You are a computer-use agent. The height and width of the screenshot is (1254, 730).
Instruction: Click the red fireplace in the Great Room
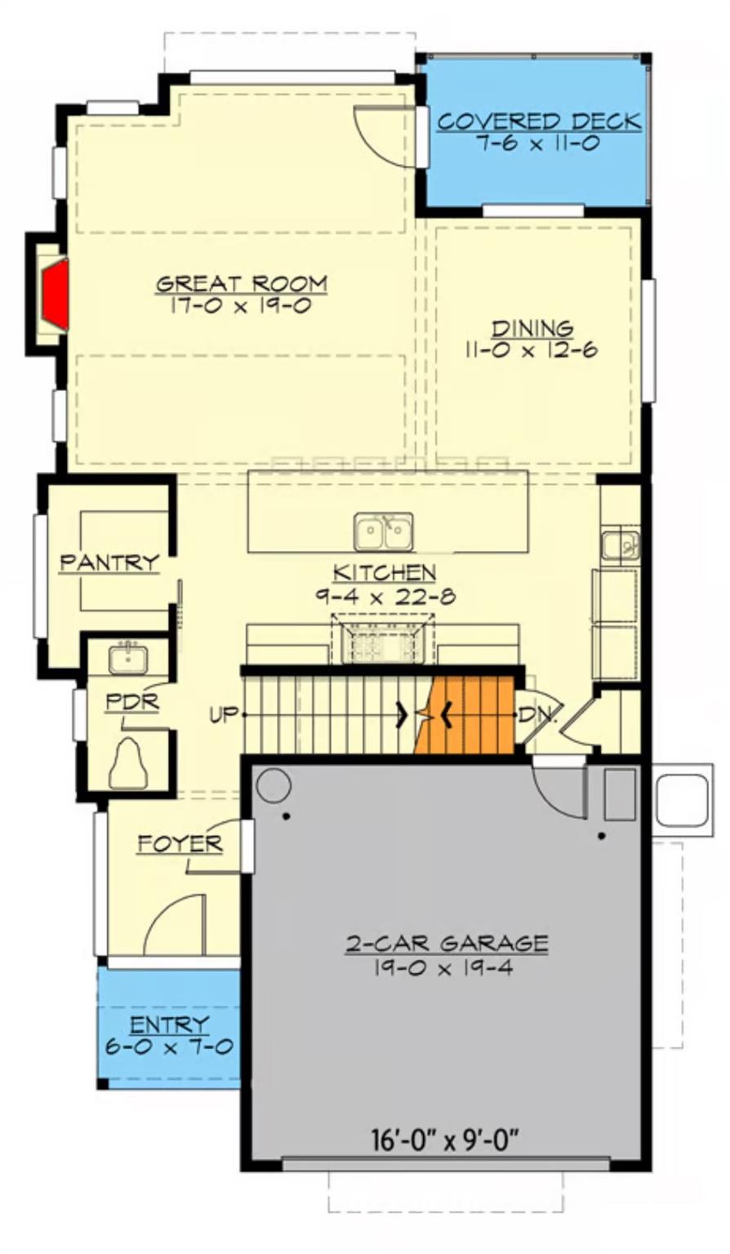point(56,295)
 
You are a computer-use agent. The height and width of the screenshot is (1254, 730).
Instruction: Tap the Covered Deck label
point(539,122)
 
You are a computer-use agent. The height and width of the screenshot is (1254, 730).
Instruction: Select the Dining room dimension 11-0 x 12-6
point(532,350)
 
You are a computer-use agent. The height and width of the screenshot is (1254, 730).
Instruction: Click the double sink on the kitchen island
point(383,532)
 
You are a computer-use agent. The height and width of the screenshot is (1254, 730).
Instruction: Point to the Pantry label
point(109,563)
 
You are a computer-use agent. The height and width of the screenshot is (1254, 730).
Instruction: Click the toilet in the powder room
point(128,764)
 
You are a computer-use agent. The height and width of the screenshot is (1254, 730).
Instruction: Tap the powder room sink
point(128,658)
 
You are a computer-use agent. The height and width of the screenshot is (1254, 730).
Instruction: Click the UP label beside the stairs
point(223,715)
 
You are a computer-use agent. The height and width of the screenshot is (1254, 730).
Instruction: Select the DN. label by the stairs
point(539,716)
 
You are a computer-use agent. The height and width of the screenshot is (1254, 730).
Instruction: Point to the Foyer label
point(180,844)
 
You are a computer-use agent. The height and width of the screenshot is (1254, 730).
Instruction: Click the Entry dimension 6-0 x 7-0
point(169,1047)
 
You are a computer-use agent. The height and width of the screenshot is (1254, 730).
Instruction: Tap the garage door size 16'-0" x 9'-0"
point(446,1138)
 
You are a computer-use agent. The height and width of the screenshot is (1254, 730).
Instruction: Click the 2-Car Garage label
point(446,945)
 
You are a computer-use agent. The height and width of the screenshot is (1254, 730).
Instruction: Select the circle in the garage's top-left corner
point(273,785)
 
